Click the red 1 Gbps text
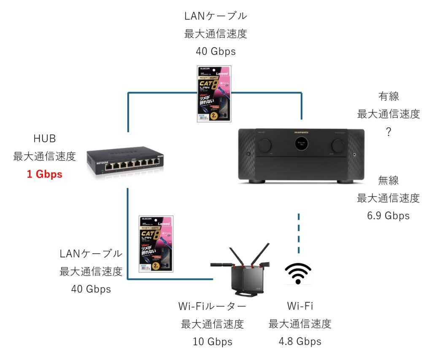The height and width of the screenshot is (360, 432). coord(44,174)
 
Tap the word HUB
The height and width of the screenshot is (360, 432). coord(44,139)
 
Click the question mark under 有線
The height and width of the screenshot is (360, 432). coord(389,132)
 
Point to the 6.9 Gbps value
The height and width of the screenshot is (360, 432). coord(389,216)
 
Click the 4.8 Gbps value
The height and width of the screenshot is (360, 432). coord(300,341)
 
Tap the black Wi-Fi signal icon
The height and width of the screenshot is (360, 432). coord(298,273)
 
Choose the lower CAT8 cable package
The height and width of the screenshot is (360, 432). coord(156,244)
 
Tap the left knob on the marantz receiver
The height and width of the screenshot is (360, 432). coord(264,145)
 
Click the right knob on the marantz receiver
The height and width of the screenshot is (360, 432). coord(338,145)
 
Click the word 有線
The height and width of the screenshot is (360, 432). coord(389,97)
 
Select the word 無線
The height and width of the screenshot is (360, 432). coord(389,180)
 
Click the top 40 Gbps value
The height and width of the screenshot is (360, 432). coord(216,51)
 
